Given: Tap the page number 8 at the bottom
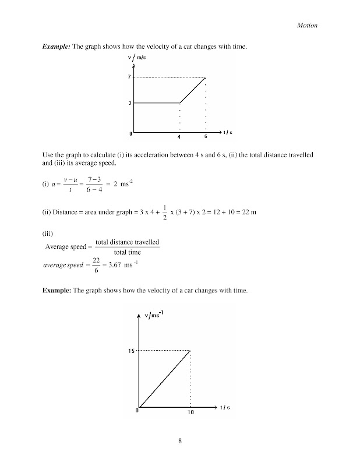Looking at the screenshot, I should (x=181, y=441).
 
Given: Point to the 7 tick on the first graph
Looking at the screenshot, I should (x=131, y=77).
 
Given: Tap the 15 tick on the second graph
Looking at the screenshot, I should (x=131, y=351).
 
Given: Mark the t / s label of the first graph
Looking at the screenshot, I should (x=226, y=133).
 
